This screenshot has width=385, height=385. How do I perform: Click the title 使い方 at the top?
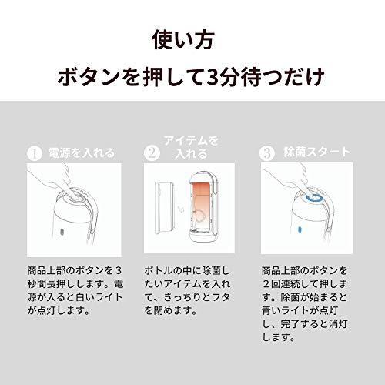pos(192,38)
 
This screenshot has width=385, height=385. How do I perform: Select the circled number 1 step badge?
pos(33,152)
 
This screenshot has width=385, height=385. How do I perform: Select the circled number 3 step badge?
pos(266,152)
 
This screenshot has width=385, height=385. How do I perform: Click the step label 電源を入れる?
pos(82,152)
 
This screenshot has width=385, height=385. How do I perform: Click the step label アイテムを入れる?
pos(188,146)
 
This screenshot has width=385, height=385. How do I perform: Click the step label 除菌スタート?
pos(315,152)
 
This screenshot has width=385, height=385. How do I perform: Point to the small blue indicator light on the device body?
pos(298,229)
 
